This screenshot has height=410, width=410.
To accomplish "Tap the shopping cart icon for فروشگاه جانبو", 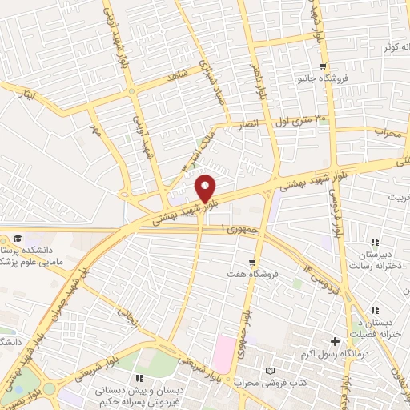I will pos(322,66).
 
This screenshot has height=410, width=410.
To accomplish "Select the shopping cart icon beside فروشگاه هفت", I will pos(252,261).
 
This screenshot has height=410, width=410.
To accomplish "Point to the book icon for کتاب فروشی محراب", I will pos(269,372).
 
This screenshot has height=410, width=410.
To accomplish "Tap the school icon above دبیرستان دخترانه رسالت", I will pos(373,242).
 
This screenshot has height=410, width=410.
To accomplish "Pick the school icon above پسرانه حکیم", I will pos(139,377).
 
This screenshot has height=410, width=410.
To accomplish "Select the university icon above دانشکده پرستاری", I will pos(17,238).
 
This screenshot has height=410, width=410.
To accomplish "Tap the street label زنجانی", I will pos(128,316).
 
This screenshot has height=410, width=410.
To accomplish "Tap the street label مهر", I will pos(95,131).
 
